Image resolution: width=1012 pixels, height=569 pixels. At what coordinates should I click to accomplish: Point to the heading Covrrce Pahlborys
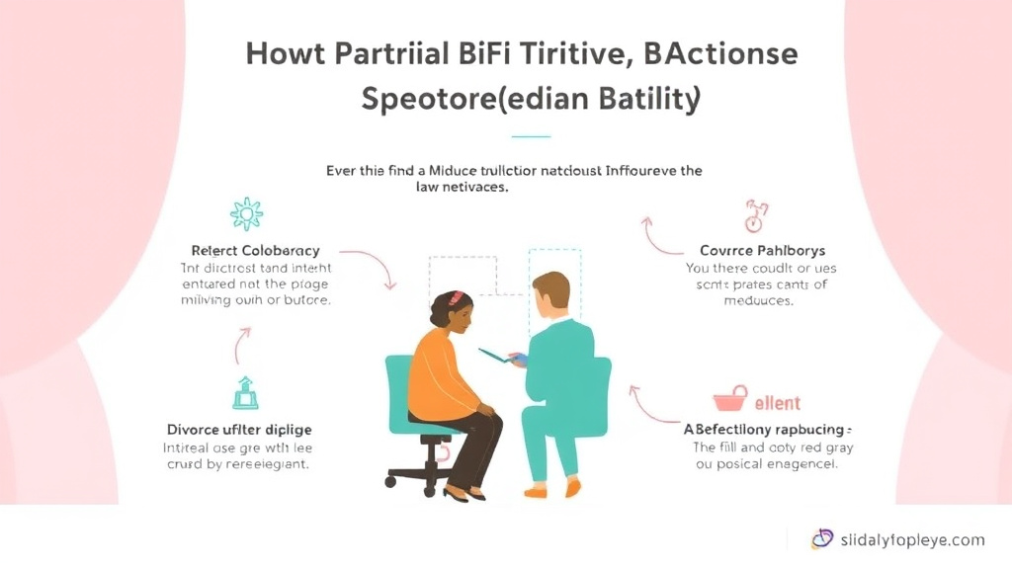click(x=756, y=251)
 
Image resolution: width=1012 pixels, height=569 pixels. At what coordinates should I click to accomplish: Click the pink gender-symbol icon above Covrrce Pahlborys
click(x=756, y=214)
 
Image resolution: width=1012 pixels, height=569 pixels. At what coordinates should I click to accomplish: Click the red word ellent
click(x=778, y=403)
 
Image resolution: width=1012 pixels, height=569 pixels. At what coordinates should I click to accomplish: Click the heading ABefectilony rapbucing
click(x=766, y=430)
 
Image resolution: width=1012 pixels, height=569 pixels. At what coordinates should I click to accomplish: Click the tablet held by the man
click(x=498, y=354)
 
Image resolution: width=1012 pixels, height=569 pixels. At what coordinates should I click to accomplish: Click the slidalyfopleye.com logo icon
click(x=821, y=538)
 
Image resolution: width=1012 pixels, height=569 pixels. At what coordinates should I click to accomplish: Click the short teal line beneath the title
click(x=531, y=136)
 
